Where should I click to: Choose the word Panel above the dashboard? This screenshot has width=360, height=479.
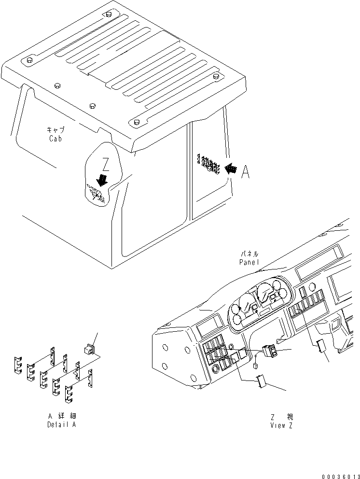[249, 262]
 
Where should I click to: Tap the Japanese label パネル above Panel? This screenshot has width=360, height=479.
[249, 254]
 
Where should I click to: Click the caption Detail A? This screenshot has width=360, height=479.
[61, 424]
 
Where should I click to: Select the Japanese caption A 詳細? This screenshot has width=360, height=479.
[61, 416]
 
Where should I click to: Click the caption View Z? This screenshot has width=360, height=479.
[281, 425]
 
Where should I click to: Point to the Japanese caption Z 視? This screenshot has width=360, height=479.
[281, 417]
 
